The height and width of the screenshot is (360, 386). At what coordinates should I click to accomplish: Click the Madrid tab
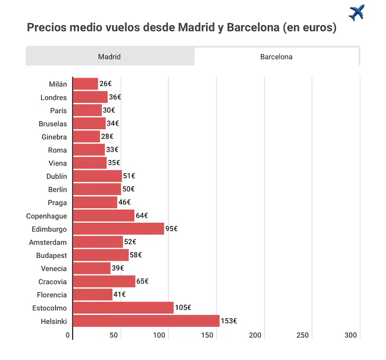tap(109, 57)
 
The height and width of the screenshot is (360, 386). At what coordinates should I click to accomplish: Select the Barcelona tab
tap(276, 57)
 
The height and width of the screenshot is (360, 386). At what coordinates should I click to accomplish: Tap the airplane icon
tap(356, 13)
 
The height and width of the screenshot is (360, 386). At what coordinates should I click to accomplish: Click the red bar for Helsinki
tap(146, 321)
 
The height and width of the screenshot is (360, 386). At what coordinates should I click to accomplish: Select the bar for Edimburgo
tap(118, 229)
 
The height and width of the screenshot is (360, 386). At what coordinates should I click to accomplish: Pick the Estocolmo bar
tap(123, 308)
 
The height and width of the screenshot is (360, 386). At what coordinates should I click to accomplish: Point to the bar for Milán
tap(85, 84)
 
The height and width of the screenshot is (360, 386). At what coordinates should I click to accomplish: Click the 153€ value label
tap(229, 321)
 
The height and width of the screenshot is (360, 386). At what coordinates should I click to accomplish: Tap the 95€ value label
tap(171, 229)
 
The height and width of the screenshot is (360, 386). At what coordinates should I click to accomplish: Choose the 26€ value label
tap(105, 83)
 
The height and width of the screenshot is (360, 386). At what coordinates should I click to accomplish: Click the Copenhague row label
tap(46, 216)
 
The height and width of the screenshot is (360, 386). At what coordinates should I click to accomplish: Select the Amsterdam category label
tap(48, 243)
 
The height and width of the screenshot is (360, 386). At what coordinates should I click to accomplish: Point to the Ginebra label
tap(54, 137)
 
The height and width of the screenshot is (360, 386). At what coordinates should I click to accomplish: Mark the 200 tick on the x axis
tap(255, 335)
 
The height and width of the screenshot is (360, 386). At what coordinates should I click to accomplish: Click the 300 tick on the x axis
tap(350, 335)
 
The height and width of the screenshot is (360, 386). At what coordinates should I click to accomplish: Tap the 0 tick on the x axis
tap(68, 335)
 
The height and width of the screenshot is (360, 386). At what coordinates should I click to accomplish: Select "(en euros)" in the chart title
tap(310, 28)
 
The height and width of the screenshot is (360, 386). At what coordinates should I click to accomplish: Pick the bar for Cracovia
tap(104, 282)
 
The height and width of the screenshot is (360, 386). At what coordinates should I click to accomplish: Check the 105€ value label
tap(183, 307)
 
